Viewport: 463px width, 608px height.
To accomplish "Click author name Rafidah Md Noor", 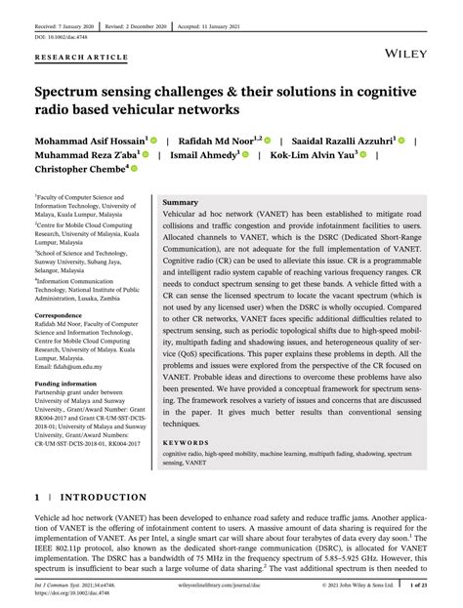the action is coord(217,141).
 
